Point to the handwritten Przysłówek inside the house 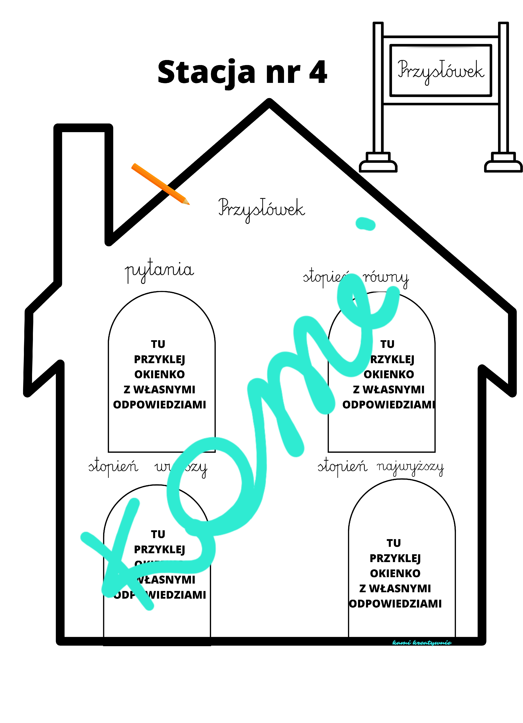tap(261, 209)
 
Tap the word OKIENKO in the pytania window tap(160, 374)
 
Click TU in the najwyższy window tap(394, 543)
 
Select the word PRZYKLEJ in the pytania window tap(160, 359)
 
